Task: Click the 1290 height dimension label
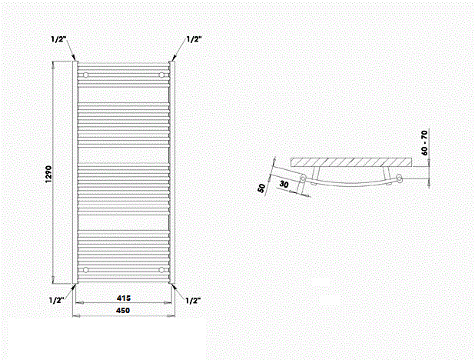coord(48,175)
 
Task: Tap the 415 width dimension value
coord(124,298)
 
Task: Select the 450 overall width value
coord(123,310)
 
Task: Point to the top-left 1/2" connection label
coord(58,39)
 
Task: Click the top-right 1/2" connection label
coord(194,39)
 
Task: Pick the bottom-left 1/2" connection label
coord(57,300)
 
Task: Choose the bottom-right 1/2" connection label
coord(193,301)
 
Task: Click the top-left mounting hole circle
coord(86,75)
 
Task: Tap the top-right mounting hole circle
coord(161,75)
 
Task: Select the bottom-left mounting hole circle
coord(86,270)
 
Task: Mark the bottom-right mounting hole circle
coord(161,270)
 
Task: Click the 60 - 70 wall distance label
coord(424,142)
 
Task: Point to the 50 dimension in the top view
coord(261,188)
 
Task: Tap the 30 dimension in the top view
coord(284,184)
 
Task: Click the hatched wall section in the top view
coord(351,162)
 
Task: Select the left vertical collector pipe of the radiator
coord(75,172)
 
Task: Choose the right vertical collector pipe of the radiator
coord(172,172)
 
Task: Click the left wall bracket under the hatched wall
coord(316,173)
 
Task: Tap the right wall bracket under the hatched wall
coord(386,173)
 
